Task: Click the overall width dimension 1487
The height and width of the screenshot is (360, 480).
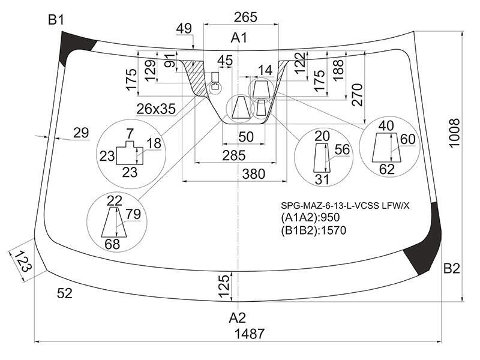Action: click(249, 334)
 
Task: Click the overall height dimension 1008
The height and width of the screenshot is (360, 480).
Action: click(455, 133)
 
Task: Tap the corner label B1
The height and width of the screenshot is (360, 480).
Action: click(56, 20)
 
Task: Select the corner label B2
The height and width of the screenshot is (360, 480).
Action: click(452, 268)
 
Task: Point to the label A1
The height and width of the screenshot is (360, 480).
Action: click(239, 38)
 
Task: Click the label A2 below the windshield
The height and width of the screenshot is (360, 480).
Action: click(237, 318)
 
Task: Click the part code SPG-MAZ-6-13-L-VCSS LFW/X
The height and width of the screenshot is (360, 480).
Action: click(345, 206)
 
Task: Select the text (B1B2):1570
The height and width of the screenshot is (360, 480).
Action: click(313, 230)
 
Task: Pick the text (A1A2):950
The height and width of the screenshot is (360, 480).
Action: click(310, 217)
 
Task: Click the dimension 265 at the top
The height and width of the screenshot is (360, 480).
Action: click(245, 17)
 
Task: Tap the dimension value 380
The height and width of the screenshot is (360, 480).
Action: click(253, 174)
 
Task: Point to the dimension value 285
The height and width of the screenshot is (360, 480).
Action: click(234, 155)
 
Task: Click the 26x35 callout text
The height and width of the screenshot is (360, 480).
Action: click(156, 109)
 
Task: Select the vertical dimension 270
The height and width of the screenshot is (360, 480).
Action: click(357, 95)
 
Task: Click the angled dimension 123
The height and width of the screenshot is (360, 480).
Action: click(23, 261)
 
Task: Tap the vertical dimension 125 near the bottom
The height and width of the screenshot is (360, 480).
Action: click(224, 286)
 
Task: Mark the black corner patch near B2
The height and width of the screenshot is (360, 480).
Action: click(424, 238)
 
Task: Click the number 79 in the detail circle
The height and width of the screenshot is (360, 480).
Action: click(133, 214)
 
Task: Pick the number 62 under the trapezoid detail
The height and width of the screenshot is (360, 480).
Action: click(386, 169)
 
